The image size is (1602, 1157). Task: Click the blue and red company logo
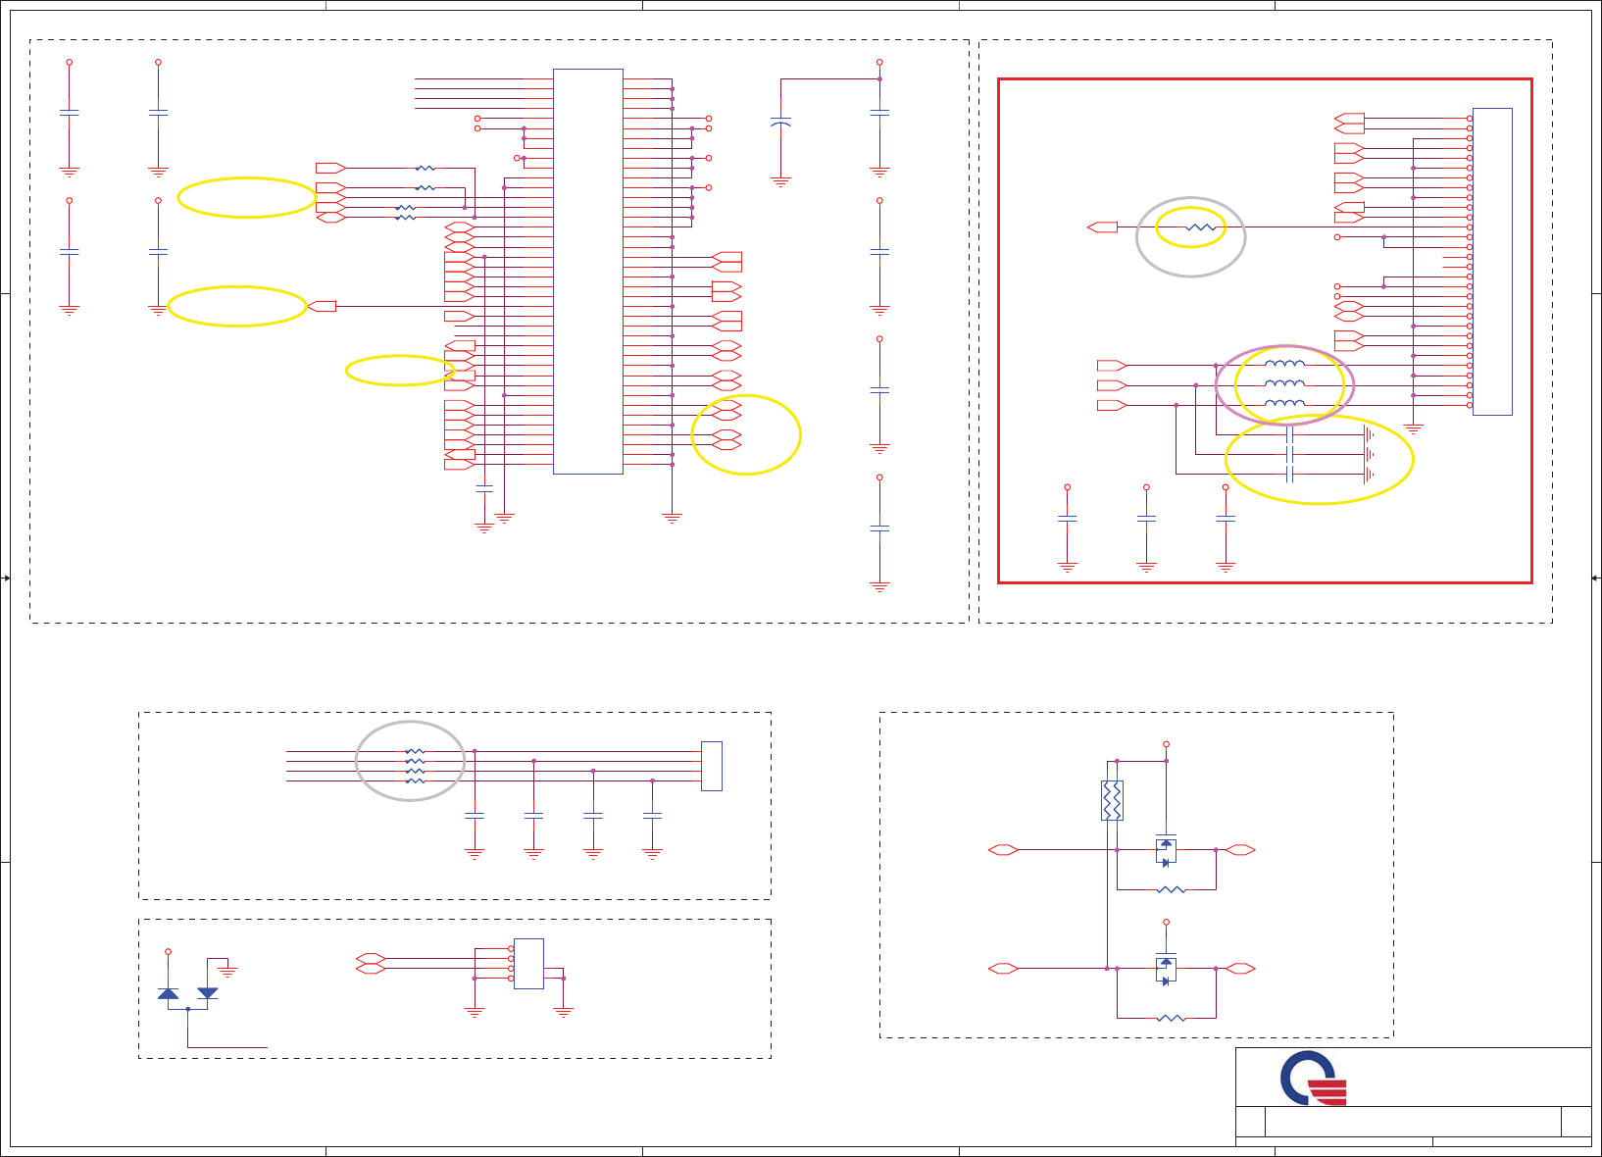(1314, 1079)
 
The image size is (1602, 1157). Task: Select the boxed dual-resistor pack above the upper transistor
(1112, 800)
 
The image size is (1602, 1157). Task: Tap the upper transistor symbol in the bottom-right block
(1166, 850)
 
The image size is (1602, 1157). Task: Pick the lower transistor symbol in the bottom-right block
(1166, 969)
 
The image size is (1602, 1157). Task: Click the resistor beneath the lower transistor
(1171, 1018)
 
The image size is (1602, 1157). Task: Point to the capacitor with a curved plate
(780, 124)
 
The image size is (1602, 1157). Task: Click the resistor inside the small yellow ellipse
(1201, 227)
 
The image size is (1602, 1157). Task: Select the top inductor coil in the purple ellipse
(1284, 364)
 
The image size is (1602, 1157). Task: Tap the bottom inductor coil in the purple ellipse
(1284, 404)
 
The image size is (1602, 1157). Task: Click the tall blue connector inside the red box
(1492, 261)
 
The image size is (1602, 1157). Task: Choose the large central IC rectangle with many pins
(587, 271)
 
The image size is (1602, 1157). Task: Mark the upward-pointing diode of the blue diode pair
(168, 993)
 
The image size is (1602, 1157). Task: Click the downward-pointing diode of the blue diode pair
(208, 993)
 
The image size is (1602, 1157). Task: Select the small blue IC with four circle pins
(528, 963)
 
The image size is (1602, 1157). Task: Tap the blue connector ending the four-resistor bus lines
(712, 766)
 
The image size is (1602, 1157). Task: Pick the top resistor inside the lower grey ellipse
(415, 751)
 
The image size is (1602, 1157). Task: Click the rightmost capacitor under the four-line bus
(652, 816)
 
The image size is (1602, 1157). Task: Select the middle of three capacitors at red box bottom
(1146, 518)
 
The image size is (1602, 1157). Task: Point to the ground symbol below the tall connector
(1413, 428)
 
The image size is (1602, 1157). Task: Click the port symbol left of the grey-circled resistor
(1103, 227)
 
